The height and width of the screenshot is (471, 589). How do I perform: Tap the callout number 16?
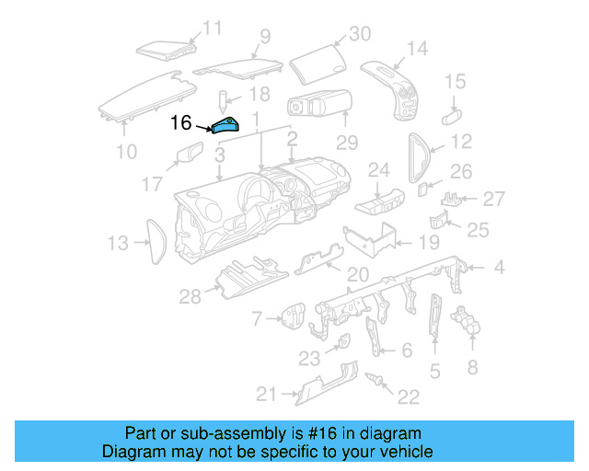[180, 121]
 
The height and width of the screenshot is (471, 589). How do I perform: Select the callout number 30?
[358, 34]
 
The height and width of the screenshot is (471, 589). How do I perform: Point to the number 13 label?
[117, 243]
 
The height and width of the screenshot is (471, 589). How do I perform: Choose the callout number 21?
[266, 395]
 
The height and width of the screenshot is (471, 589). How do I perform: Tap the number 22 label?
[408, 396]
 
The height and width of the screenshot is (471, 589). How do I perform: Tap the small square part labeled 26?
[422, 190]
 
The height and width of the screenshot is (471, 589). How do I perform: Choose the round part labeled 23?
[341, 345]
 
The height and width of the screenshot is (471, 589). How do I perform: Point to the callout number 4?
[499, 268]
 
